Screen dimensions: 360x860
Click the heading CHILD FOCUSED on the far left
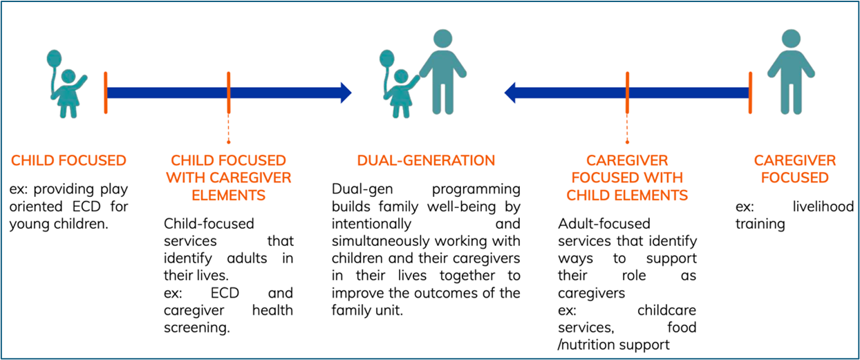click(x=68, y=161)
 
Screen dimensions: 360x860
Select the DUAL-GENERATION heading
click(x=426, y=161)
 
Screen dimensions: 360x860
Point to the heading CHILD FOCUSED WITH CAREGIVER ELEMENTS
click(x=228, y=178)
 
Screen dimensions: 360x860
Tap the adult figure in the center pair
click(x=442, y=73)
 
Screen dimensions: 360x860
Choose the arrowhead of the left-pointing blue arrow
click(x=512, y=92)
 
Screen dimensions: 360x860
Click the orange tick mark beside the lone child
click(x=106, y=92)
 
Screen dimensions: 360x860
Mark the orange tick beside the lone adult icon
click(x=750, y=92)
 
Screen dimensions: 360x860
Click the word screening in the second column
click(x=196, y=328)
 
